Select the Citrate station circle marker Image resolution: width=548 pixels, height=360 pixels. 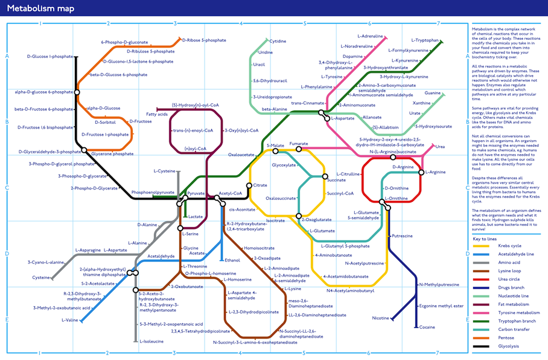[x=249, y=185]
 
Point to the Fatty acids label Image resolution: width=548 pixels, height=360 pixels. [x=157, y=114]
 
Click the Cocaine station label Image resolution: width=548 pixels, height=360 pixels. [x=427, y=327]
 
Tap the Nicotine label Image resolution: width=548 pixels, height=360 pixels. [x=380, y=318]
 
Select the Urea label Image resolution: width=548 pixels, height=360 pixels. [x=440, y=147]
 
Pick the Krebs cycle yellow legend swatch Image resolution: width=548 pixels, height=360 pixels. [x=480, y=246]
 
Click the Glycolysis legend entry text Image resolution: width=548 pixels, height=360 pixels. [x=508, y=346]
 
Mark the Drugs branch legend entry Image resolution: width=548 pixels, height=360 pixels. [x=511, y=288]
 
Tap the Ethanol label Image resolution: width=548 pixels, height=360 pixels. [x=232, y=260]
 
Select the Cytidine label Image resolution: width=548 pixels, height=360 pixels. [x=278, y=41]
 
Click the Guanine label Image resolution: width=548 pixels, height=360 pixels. [x=432, y=93]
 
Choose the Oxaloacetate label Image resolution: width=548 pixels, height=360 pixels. [x=241, y=155]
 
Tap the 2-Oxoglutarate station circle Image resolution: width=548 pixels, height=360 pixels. [x=298, y=216]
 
